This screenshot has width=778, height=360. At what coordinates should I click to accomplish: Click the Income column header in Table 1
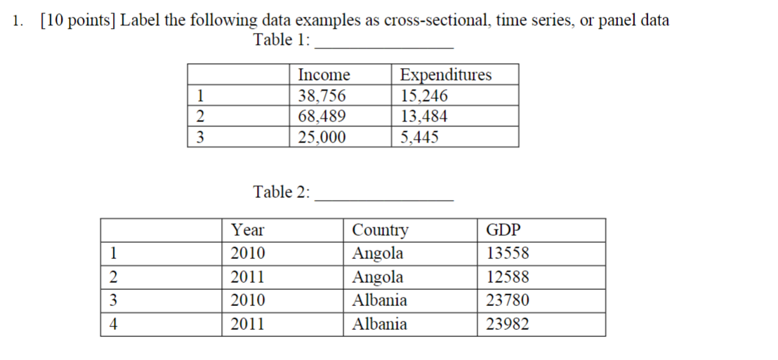(x=324, y=75)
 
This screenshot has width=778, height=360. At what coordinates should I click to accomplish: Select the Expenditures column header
(x=445, y=75)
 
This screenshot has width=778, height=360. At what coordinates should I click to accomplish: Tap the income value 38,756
(x=322, y=95)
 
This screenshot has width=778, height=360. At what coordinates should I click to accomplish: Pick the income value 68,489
(x=322, y=116)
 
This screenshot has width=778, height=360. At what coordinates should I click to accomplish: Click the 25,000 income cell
(x=322, y=137)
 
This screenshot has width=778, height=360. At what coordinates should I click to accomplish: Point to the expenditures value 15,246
(x=423, y=95)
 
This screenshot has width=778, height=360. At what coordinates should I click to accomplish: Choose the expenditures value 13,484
(x=423, y=116)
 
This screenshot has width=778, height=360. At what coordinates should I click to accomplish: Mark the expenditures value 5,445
(x=419, y=137)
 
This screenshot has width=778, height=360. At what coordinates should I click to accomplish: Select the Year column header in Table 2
(x=248, y=230)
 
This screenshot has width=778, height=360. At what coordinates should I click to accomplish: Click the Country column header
(x=379, y=230)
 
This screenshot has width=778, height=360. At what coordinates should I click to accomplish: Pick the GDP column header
(x=503, y=230)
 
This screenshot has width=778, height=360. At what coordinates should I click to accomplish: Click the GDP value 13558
(x=507, y=253)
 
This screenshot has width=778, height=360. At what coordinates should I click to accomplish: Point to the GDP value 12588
(x=507, y=277)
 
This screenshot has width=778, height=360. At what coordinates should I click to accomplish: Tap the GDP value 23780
(x=507, y=300)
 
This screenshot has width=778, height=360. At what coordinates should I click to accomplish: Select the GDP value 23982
(x=507, y=324)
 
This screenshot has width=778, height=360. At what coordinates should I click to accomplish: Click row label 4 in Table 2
(x=112, y=324)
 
